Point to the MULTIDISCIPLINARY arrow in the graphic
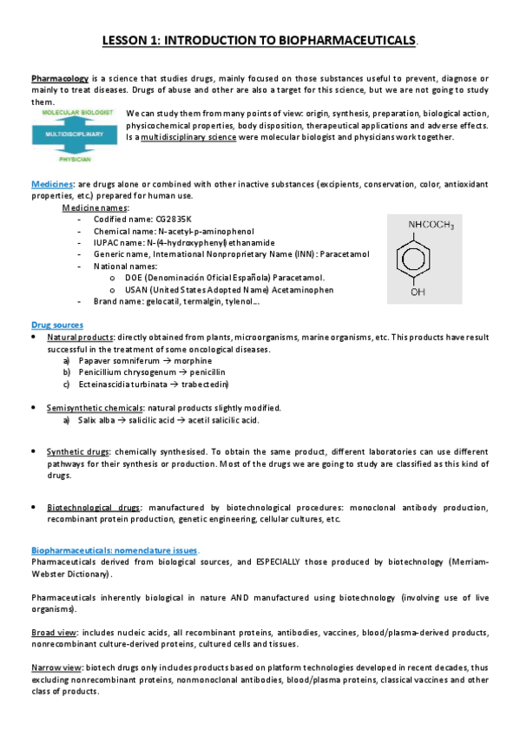coord(74,135)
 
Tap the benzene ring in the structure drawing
coord(419,261)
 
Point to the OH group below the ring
coord(419,292)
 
